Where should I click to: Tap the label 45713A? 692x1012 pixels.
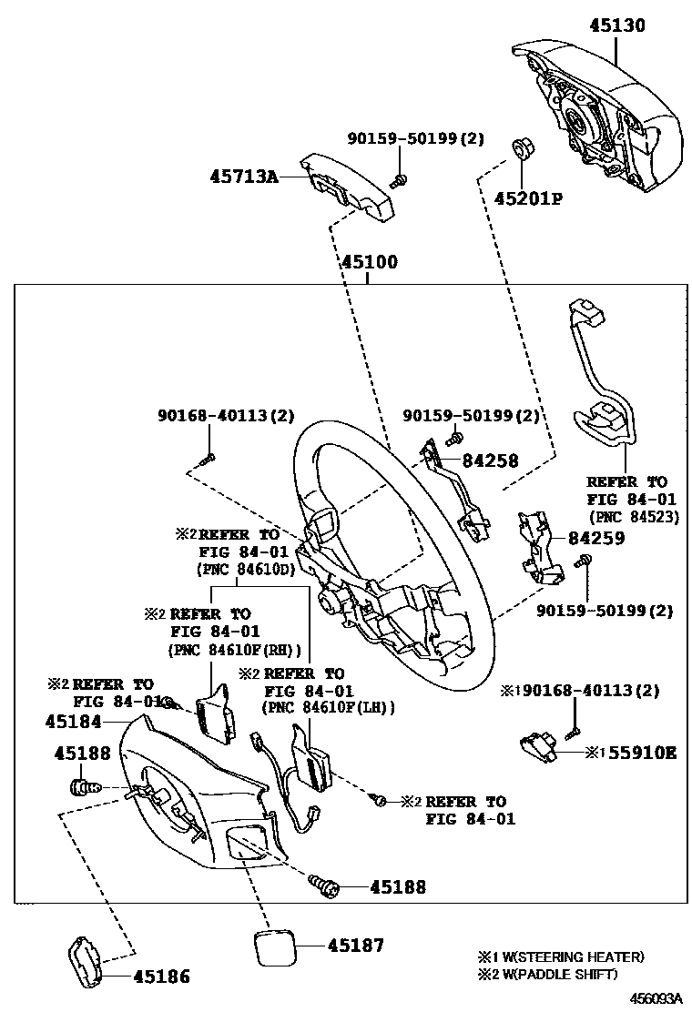(x=246, y=177)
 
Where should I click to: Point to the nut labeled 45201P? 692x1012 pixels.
(x=524, y=147)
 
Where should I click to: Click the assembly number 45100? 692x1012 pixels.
(x=369, y=263)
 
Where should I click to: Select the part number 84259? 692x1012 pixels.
(x=596, y=539)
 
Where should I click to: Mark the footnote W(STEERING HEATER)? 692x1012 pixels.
(x=573, y=956)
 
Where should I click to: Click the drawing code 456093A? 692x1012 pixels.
(x=657, y=998)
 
